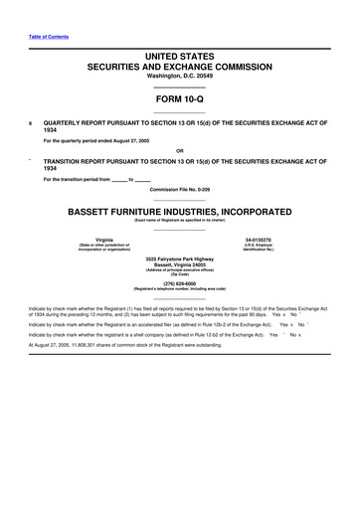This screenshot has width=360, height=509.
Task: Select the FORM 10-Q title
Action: coord(180,101)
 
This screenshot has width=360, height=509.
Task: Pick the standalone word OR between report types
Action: coord(180,151)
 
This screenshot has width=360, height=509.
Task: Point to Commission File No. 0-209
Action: coord(180,188)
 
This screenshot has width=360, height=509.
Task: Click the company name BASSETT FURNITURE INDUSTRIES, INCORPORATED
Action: coord(180,213)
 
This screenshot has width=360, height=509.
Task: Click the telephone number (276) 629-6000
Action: coord(180,281)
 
